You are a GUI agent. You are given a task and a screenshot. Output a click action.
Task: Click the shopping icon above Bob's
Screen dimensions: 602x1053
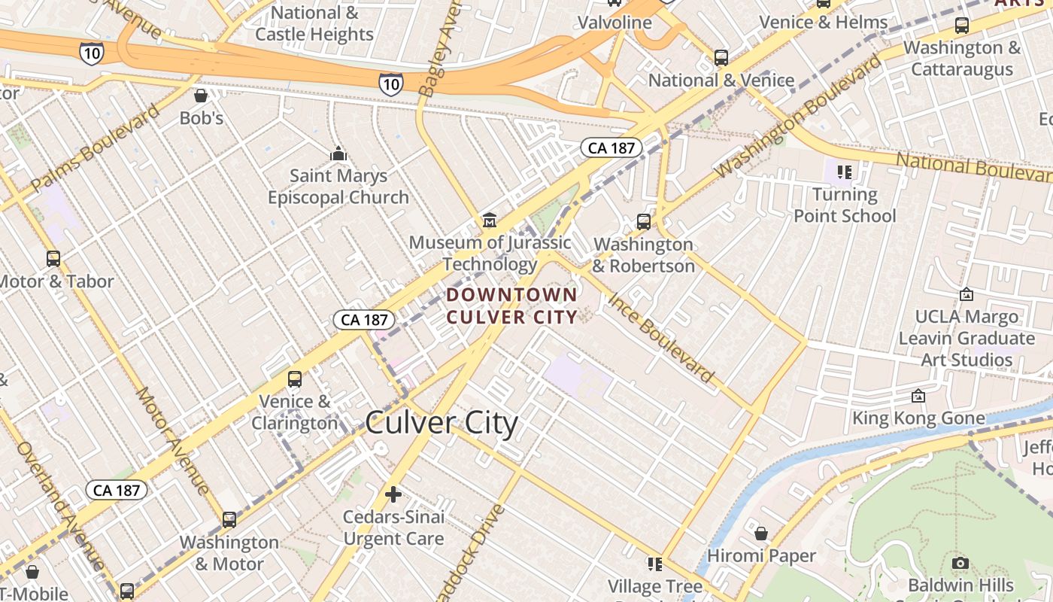coord(201,96)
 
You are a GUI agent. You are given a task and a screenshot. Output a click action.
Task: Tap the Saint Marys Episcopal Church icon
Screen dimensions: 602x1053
coord(338,154)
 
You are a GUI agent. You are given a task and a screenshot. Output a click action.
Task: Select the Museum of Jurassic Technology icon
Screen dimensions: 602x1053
coord(490,220)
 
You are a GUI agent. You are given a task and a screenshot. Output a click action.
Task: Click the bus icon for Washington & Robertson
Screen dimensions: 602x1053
coord(643,222)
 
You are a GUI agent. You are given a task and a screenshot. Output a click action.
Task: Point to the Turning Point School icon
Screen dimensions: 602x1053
coord(844,172)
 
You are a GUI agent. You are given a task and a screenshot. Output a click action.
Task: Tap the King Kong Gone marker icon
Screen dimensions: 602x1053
coord(918,396)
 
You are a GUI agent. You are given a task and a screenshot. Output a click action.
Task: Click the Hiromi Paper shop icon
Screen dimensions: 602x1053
coord(761,534)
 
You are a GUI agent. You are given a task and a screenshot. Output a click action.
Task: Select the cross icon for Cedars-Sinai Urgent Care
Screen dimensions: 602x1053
coord(393,494)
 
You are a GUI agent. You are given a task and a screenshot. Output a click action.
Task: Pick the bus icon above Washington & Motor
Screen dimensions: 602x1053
coord(229,519)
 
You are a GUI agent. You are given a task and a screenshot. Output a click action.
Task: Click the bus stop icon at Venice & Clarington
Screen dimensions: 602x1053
coord(295,379)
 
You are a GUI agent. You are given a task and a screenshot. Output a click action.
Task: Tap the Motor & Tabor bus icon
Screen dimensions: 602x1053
coord(53,259)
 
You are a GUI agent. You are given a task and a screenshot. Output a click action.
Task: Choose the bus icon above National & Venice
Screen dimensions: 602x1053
coord(721,57)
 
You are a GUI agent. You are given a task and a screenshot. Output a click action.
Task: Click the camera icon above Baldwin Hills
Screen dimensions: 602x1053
coord(960,563)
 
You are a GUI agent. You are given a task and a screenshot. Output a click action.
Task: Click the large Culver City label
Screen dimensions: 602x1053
coord(442,423)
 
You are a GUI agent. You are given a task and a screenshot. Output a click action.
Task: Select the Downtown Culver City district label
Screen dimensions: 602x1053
coord(512,306)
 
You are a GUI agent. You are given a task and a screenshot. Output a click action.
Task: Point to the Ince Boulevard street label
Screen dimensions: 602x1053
coord(661,337)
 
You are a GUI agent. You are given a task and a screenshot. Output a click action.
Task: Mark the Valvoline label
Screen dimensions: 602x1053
coord(615,23)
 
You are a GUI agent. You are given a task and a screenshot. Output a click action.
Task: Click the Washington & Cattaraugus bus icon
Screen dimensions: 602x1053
coord(961,26)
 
